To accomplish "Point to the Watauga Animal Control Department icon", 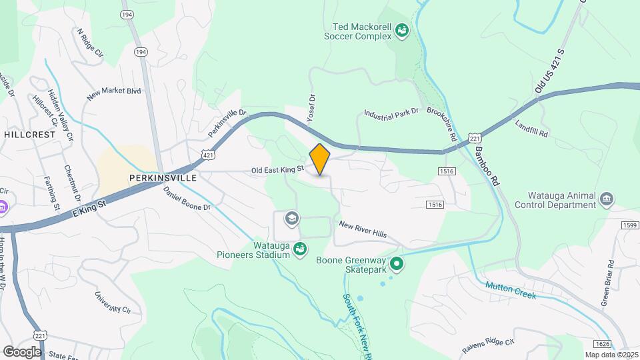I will (607, 199).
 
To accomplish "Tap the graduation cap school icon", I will (291, 218).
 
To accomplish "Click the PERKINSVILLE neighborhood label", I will (163, 178).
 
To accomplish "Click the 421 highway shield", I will (209, 155).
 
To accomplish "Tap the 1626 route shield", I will (601, 343).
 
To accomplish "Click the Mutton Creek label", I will (511, 287).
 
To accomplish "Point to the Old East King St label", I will (277, 171).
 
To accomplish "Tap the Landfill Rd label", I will (531, 129).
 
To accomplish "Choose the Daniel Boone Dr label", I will (187, 198).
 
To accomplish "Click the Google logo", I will (21, 351).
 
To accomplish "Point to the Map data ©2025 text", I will (611, 355).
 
